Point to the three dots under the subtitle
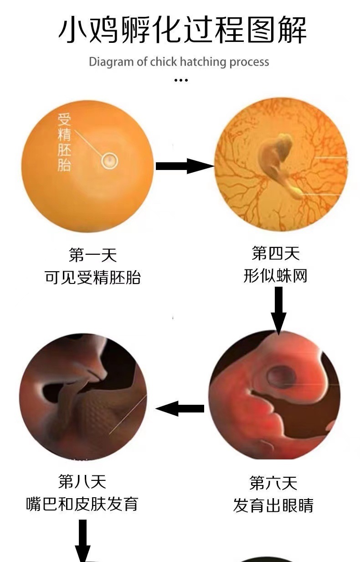click(181, 80)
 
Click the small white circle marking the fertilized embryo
click(109, 160)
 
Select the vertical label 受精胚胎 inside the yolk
click(64, 142)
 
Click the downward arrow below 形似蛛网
click(278, 310)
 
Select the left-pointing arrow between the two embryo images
click(180, 408)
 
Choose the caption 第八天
click(82, 481)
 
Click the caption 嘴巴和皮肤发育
click(82, 504)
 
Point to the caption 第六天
click(273, 482)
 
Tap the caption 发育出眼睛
click(273, 505)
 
